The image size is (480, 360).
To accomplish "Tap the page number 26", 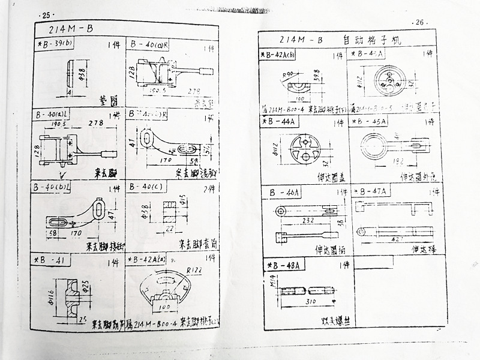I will click(418, 23).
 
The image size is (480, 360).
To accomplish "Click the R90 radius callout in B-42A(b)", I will click(289, 73).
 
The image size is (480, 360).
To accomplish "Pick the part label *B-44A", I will click(281, 121).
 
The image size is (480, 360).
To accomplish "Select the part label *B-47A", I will click(372, 191).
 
